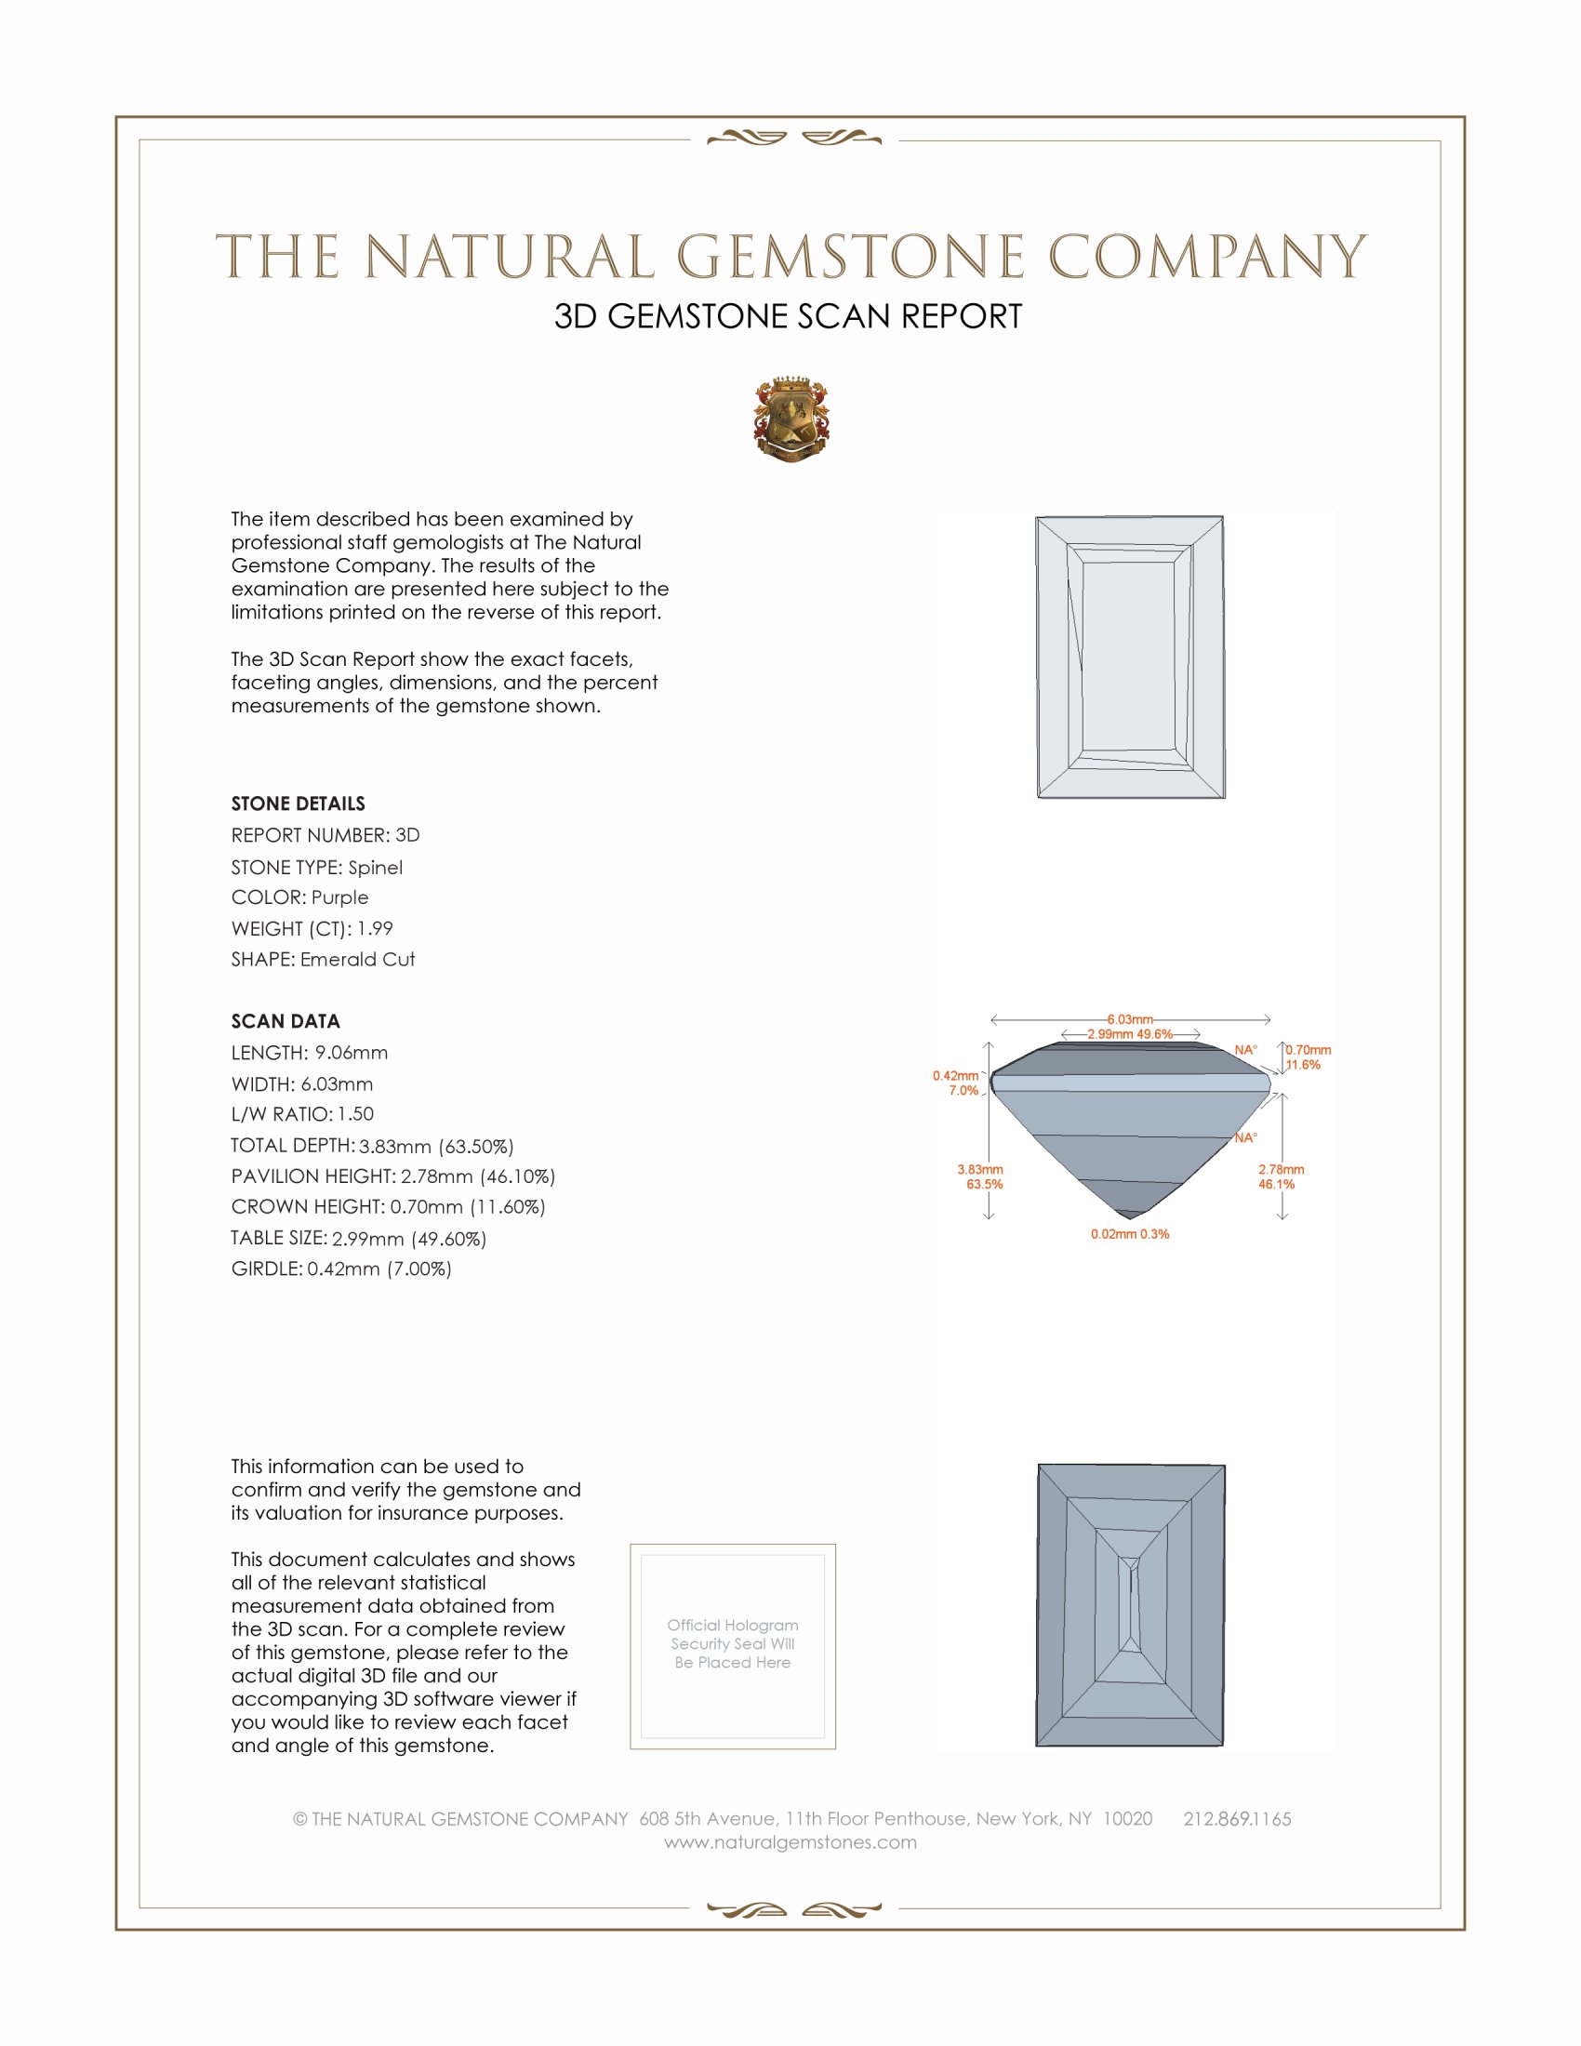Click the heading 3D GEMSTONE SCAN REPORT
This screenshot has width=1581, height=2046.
(x=788, y=316)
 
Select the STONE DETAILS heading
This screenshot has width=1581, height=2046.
(x=298, y=804)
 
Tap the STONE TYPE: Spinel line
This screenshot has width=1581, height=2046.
(x=316, y=868)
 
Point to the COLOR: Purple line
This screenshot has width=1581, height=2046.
(x=299, y=897)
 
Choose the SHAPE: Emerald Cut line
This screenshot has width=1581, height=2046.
(x=323, y=960)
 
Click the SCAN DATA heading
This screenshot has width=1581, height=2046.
(x=286, y=1021)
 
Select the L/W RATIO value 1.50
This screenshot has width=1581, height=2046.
(x=355, y=1114)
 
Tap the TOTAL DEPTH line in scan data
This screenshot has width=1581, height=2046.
(x=372, y=1146)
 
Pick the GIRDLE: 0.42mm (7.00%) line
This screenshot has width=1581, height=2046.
(x=341, y=1269)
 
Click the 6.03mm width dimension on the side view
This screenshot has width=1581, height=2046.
(x=1130, y=1019)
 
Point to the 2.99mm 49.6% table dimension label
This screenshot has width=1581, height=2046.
(x=1130, y=1034)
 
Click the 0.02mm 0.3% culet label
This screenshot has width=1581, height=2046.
(x=1130, y=1234)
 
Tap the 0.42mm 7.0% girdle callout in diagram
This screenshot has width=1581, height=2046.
(x=956, y=1083)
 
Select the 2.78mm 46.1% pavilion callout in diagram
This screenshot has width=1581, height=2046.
(x=1280, y=1176)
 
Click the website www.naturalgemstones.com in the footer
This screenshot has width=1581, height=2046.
(x=790, y=1841)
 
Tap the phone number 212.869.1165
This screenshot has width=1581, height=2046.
(x=1236, y=1818)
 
